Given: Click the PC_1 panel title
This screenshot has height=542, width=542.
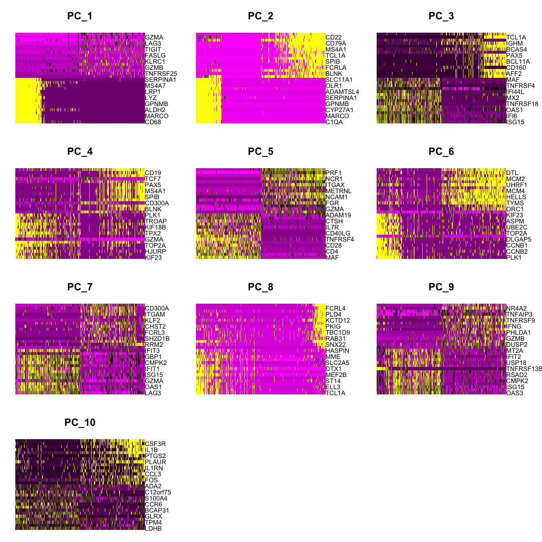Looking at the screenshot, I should pyautogui.click(x=80, y=16).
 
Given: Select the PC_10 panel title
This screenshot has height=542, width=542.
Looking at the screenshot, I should pyautogui.click(x=80, y=423).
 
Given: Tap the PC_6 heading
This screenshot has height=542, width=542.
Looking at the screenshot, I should pyautogui.click(x=441, y=152).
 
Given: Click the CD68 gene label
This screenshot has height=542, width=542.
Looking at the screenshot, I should pyautogui.click(x=153, y=122).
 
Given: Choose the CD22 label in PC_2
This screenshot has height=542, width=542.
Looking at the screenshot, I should pyautogui.click(x=334, y=38).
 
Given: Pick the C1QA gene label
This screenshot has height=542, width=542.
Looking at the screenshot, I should pyautogui.click(x=334, y=122).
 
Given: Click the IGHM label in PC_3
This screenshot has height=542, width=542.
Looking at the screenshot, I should pyautogui.click(x=515, y=44).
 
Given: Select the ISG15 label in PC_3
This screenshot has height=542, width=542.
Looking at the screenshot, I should pyautogui.click(x=515, y=122).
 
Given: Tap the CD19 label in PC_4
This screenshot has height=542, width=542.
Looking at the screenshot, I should pyautogui.click(x=153, y=173).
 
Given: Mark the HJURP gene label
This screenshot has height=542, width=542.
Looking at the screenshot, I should pyautogui.click(x=155, y=252).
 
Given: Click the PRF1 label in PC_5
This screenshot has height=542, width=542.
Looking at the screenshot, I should pyautogui.click(x=334, y=173).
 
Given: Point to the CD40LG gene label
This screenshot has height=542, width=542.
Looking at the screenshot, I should pyautogui.click(x=338, y=233).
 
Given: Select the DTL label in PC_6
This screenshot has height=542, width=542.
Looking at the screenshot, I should pyautogui.click(x=512, y=173).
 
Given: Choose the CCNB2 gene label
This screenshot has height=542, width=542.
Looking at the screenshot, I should pyautogui.click(x=517, y=252).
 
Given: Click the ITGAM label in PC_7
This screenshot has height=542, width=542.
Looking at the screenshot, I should pyautogui.click(x=155, y=315).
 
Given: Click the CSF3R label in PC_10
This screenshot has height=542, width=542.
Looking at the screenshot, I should pyautogui.click(x=155, y=444).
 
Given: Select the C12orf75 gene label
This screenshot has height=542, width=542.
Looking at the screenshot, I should pyautogui.click(x=158, y=492).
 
